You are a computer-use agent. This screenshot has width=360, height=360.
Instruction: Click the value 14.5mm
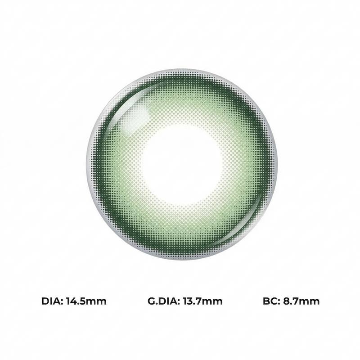[86, 301]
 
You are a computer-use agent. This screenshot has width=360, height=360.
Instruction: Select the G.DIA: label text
[164, 301]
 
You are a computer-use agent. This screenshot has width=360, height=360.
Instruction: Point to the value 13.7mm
[203, 301]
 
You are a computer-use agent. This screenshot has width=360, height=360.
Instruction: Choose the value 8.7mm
[301, 301]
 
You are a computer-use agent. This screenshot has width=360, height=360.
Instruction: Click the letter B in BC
[266, 301]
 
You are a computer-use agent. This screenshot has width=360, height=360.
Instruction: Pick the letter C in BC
[274, 301]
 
